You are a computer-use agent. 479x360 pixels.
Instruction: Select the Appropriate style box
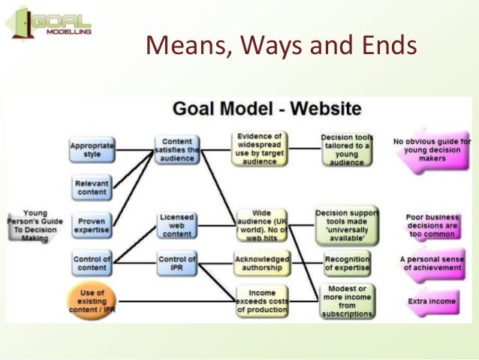92,150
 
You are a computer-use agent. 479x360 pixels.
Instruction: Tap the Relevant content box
92,186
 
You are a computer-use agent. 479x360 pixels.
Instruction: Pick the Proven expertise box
92,225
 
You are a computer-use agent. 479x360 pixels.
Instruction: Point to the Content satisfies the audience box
177,150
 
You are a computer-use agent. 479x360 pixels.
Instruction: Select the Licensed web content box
177,225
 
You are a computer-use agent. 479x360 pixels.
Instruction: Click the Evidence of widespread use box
258,148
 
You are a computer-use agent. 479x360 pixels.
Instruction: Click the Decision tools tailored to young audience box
347,148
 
